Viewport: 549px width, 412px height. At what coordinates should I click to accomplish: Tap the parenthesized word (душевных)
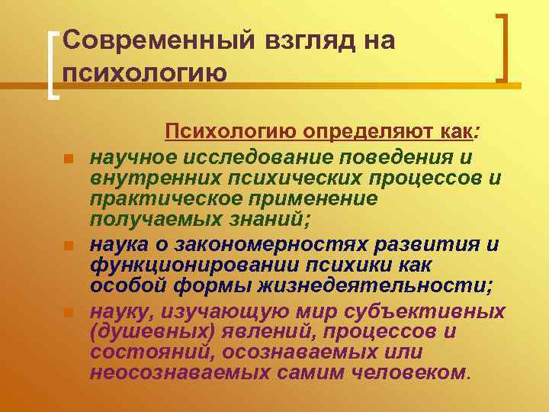point(150,332)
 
